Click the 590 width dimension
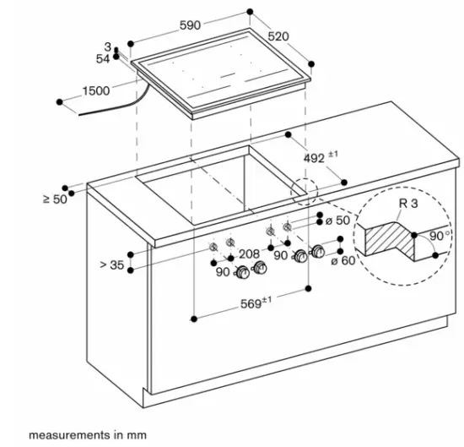tap(191, 26)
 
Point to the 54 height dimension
tap(103, 58)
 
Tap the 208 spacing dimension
tap(248, 253)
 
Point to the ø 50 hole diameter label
tap(337, 220)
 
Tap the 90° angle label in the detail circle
tap(437, 236)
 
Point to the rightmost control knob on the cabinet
tap(318, 252)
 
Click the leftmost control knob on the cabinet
tap(243, 271)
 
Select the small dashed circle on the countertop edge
tap(303, 192)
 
